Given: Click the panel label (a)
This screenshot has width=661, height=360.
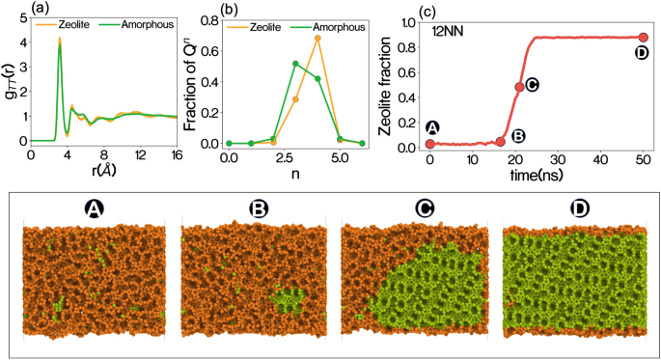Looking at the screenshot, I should pos(14,9).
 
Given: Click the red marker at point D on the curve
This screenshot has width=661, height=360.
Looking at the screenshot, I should pos(643,38).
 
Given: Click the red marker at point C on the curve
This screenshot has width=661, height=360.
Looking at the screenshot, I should pos(519,87).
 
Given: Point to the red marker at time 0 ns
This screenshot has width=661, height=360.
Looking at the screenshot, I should pos(430,144).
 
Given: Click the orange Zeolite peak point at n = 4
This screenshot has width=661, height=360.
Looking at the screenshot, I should pos(317,38).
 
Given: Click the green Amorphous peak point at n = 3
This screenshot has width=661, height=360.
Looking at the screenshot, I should pos(295,64).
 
